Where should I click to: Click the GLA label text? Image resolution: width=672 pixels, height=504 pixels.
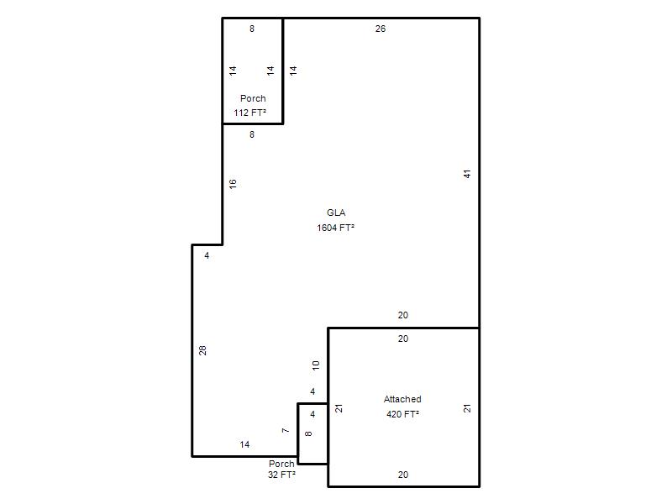336,213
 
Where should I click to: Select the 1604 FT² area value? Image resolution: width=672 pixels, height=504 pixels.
335,228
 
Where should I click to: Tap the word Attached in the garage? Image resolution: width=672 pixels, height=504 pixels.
402,399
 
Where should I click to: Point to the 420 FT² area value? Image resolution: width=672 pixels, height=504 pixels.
402,414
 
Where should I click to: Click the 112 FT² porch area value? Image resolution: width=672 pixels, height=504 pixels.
249,113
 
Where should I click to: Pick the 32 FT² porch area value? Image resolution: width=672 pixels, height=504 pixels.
281,475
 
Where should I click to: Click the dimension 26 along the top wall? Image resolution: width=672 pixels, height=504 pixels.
381,29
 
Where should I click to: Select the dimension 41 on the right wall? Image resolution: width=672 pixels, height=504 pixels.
467,174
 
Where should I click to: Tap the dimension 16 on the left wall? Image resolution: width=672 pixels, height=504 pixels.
233,184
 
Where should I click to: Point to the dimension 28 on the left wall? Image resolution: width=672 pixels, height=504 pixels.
202,350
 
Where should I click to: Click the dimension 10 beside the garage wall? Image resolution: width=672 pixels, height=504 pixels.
316,365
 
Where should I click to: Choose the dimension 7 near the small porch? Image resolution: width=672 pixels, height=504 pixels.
286,430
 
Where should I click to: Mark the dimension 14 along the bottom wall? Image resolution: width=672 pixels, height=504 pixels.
244,444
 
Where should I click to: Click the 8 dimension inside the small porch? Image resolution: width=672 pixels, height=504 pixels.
308,433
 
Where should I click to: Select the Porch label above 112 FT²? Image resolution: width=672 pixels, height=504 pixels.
253,98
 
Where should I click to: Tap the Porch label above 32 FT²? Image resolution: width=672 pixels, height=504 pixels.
281,464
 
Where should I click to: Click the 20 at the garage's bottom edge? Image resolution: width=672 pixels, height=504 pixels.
403,475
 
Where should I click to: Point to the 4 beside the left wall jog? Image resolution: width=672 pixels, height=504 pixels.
207,255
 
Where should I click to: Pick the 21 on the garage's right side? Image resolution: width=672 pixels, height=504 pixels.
467,408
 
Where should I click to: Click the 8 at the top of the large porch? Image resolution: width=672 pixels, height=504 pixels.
252,29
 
